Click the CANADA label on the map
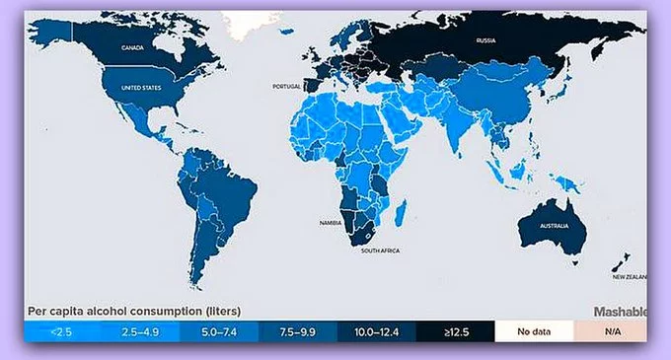(x=133, y=47)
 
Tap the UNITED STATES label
(x=140, y=88)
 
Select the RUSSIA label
(x=485, y=41)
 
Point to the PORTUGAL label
(x=286, y=87)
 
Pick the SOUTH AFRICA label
(x=380, y=251)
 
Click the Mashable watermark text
(x=619, y=312)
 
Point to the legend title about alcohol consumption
(x=133, y=312)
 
